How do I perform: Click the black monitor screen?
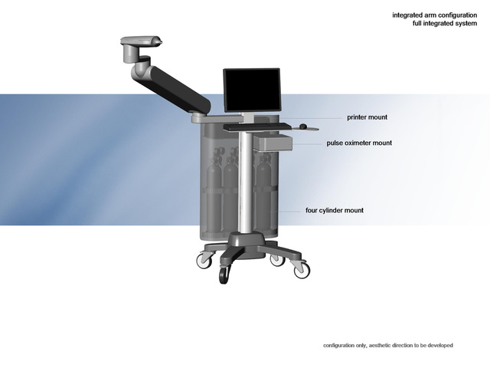(252, 90)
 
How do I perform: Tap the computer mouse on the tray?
(303, 127)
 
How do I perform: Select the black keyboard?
(257, 127)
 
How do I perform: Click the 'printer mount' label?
(367, 117)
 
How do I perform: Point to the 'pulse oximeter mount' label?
(359, 143)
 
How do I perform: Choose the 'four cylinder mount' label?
(335, 210)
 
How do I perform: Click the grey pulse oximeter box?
(273, 143)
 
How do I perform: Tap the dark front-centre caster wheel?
(224, 274)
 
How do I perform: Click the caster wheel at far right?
(302, 270)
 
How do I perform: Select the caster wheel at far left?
(204, 261)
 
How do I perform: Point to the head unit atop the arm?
(141, 41)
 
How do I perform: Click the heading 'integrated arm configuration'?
(435, 15)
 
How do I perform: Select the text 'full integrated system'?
(445, 24)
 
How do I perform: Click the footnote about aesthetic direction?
(388, 346)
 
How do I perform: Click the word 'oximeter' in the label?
(356, 143)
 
